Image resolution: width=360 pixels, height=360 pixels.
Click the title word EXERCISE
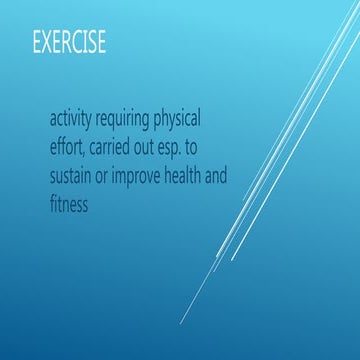pos(68,44)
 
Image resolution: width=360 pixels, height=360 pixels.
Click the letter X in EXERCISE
pos(46,44)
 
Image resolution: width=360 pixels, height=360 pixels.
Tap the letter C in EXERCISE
pos(78,44)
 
